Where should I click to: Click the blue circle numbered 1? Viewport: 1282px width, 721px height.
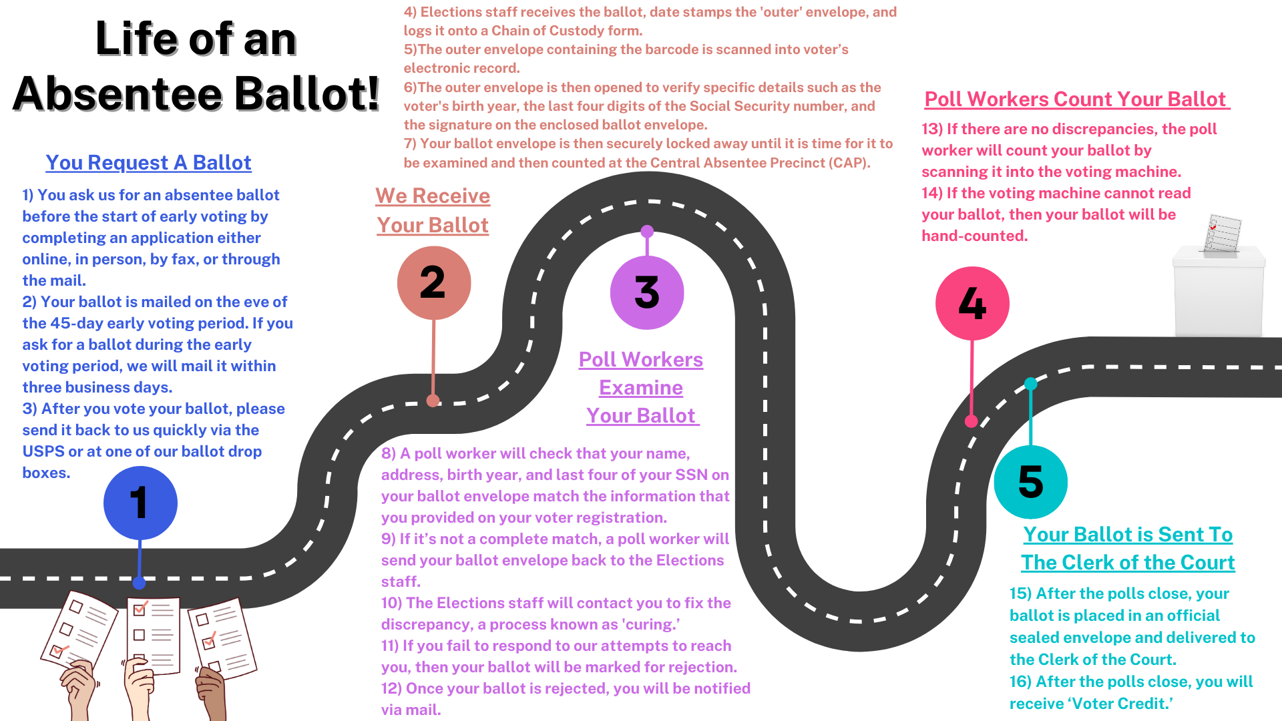click(140, 503)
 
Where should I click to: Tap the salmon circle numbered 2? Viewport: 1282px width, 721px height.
click(434, 282)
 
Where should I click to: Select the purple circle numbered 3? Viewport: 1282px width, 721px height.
click(647, 292)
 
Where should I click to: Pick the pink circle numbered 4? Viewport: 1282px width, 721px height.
click(972, 304)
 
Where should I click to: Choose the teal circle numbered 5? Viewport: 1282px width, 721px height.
click(1030, 481)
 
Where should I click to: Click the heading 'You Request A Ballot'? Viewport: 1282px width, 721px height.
click(148, 163)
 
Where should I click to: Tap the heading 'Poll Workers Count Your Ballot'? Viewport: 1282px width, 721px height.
click(1075, 99)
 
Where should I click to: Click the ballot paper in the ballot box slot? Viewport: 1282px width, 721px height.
click(1223, 233)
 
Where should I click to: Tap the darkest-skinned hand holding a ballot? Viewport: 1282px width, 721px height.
click(212, 694)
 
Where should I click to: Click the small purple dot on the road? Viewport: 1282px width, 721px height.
click(647, 232)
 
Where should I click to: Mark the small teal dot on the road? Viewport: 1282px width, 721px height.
click(1030, 384)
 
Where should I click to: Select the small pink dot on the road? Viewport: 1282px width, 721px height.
click(972, 421)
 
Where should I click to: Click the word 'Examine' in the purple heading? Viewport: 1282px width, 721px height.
click(641, 388)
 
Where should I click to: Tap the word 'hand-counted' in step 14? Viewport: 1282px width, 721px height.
click(974, 236)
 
